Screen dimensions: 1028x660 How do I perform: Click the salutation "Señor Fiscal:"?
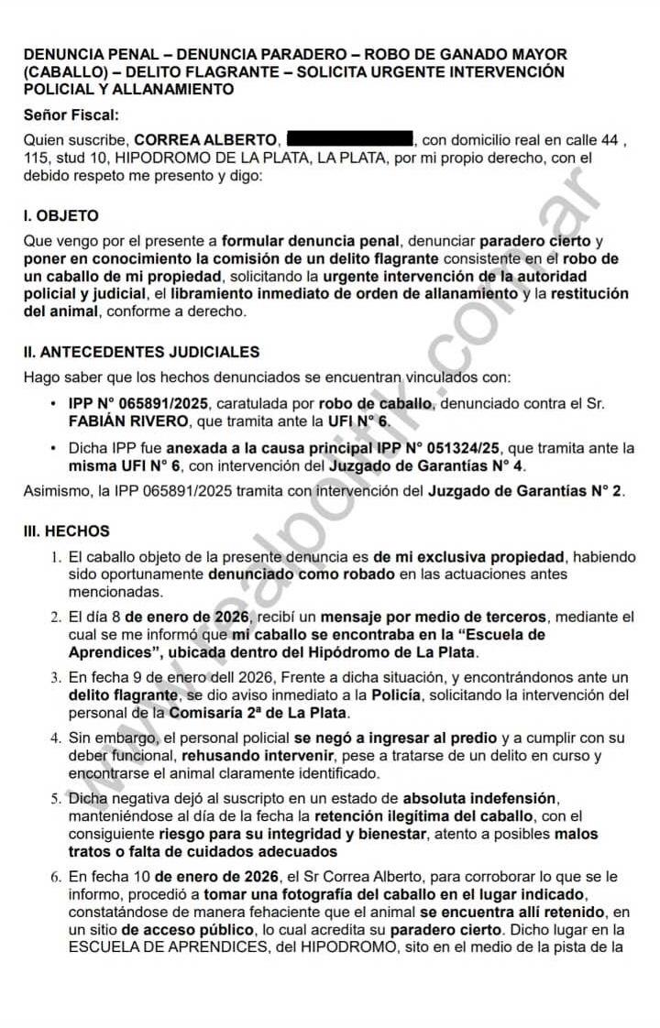71,115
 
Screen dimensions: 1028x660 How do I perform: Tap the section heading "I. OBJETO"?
60,216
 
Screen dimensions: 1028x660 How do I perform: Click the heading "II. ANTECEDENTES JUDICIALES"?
141,352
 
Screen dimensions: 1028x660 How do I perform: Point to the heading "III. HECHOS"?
67,531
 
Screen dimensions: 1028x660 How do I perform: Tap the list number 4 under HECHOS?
57,738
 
